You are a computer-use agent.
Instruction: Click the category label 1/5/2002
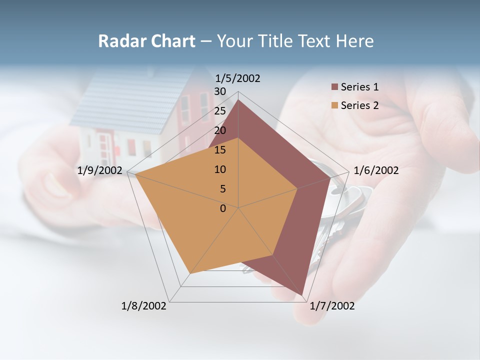pyautogui.click(x=237, y=78)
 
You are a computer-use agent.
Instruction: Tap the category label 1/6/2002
pyautogui.click(x=376, y=170)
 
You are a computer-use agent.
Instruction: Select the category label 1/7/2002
pyautogui.click(x=332, y=306)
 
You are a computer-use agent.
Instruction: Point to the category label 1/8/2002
pyautogui.click(x=144, y=306)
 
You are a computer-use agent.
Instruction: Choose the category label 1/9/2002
pyautogui.click(x=100, y=170)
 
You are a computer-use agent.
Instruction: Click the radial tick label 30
pyautogui.click(x=220, y=91)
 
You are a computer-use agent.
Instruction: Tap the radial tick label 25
pyautogui.click(x=220, y=111)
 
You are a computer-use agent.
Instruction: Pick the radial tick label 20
pyautogui.click(x=220, y=130)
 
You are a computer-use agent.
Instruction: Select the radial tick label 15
pyautogui.click(x=220, y=150)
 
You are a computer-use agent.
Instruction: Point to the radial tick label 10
pyautogui.click(x=220, y=169)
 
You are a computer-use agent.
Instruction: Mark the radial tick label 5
pyautogui.click(x=223, y=189)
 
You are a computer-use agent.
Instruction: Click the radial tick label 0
pyautogui.click(x=223, y=208)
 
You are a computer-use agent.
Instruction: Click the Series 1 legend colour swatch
pyautogui.click(x=334, y=87)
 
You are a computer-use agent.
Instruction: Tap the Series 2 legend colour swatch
pyautogui.click(x=334, y=105)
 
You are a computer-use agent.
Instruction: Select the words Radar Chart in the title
pyautogui.click(x=146, y=41)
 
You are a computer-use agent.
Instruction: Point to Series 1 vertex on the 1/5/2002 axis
pyautogui.click(x=238, y=100)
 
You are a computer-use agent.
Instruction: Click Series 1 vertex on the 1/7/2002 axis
pyautogui.click(x=302, y=295)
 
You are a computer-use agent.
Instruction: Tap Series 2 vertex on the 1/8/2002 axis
pyautogui.click(x=190, y=274)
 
